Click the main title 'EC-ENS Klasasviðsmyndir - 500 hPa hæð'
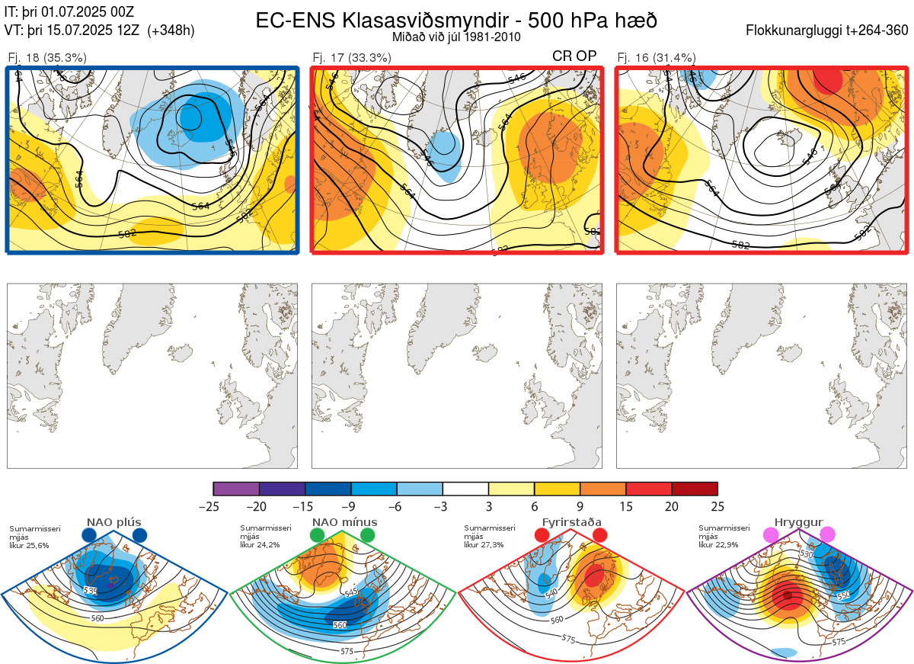point(456,20)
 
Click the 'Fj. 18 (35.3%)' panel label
point(46,57)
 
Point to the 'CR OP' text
point(574,56)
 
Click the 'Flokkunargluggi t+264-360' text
point(828,31)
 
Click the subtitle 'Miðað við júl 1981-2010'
point(456,37)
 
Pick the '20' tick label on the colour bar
point(671,507)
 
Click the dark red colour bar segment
point(695,489)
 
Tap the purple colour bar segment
point(236,489)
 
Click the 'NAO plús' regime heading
point(113,522)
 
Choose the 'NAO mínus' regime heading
point(344,522)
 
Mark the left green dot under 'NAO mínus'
point(317,535)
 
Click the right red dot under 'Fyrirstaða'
point(599,535)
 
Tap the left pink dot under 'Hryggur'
point(771,535)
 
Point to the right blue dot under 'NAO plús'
point(139,535)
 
